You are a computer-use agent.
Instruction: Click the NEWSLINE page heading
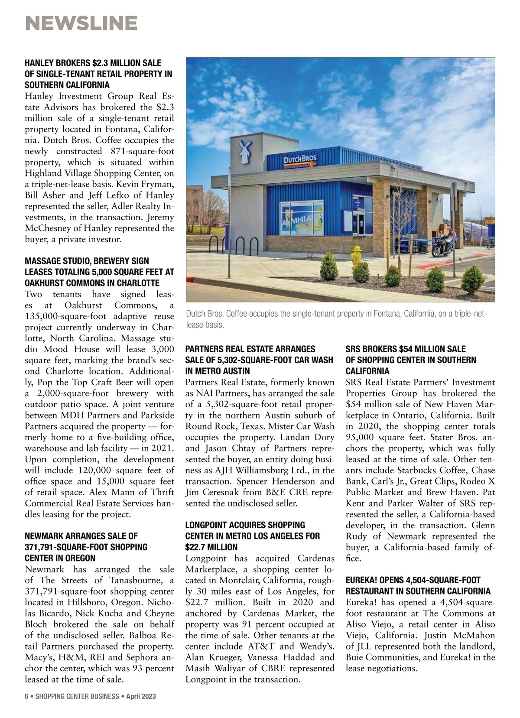click(81, 23)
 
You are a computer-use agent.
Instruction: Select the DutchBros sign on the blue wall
click(300, 161)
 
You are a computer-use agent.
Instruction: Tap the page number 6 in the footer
click(26, 696)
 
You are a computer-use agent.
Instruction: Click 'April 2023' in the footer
click(141, 696)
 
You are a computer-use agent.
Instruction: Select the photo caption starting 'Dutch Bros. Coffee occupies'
click(336, 319)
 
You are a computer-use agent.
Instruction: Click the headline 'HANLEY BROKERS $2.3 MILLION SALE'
click(93, 63)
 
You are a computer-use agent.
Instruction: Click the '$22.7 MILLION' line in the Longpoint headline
click(211, 547)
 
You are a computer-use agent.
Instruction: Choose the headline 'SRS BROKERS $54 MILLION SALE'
click(406, 349)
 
